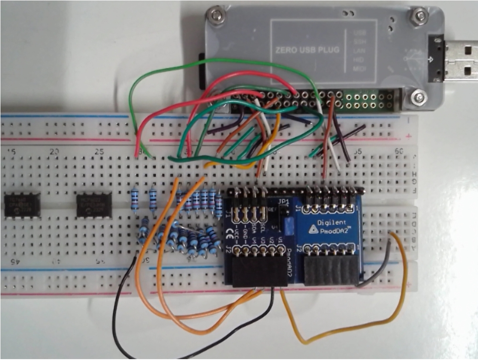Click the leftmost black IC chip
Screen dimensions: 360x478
(x=22, y=205)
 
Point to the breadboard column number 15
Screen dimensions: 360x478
(x=12, y=152)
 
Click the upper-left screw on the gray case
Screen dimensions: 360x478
(x=215, y=17)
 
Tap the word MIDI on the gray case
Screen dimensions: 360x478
(x=358, y=69)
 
